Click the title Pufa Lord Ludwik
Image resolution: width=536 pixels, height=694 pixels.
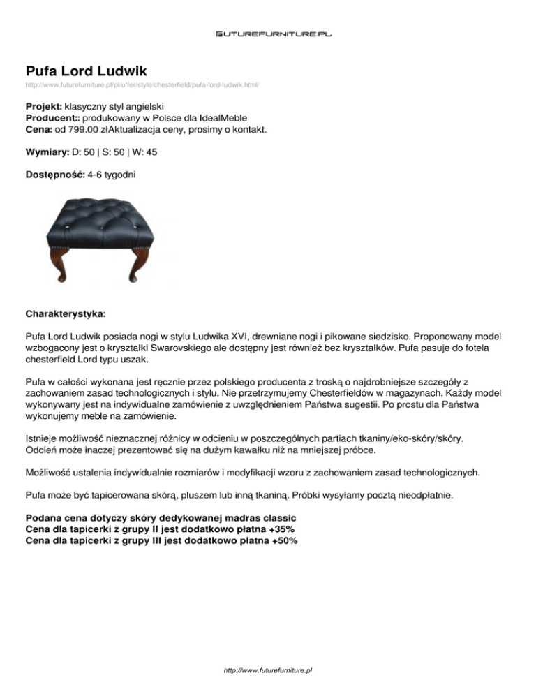[x=85, y=71]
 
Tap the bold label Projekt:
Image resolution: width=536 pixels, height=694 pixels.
[x=43, y=107]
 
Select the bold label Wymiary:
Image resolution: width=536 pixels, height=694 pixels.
[x=47, y=151]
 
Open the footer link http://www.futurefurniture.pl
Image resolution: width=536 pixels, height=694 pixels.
[x=268, y=670]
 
